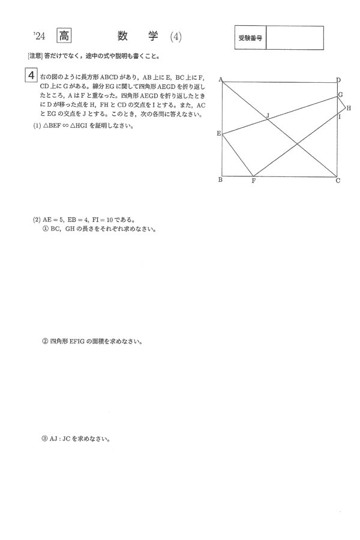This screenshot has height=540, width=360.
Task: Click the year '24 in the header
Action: pos(39,37)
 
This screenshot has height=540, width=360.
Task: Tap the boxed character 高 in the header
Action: pos(64,36)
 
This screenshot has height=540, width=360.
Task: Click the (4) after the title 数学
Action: pos(175,37)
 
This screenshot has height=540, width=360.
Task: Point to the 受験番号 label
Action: pos(250,38)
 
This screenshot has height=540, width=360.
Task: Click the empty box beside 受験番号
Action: pos(294,38)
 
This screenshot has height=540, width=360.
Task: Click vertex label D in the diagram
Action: pos(338,80)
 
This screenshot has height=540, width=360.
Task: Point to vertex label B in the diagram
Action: pos(220,179)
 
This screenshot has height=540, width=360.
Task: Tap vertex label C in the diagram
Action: pos(338,181)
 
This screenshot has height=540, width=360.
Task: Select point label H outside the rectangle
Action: pos(348,108)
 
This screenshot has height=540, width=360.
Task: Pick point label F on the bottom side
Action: pos(254,181)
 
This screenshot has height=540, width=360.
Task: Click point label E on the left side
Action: pos(218,133)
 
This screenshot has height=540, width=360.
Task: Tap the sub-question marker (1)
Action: pos(37,127)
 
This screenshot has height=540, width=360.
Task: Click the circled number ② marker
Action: pos(44,341)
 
